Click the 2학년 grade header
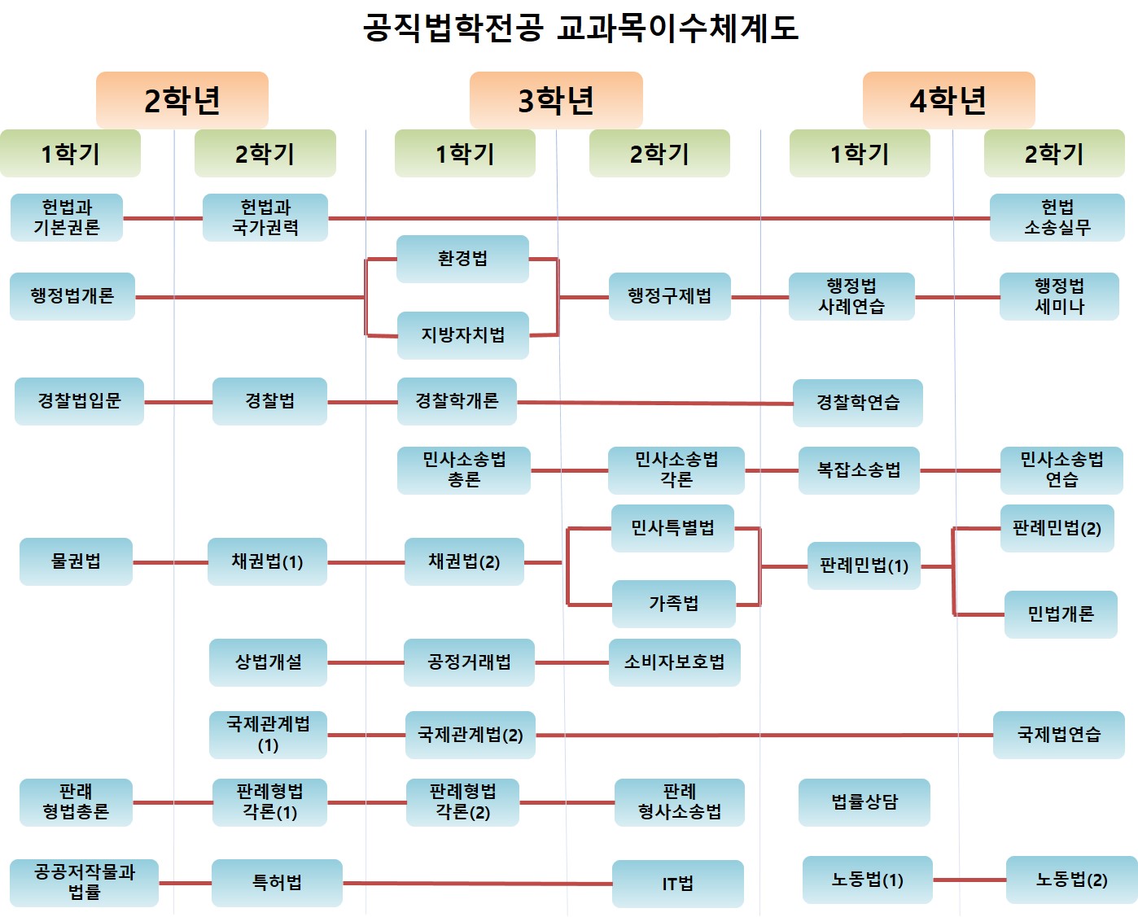(182, 100)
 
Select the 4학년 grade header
(948, 100)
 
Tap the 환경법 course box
(462, 259)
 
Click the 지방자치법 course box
(462, 335)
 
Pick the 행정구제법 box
(669, 296)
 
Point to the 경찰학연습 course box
(857, 402)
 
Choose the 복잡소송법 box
(859, 470)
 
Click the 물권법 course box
(76, 561)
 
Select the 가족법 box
(673, 604)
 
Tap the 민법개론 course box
(1060, 614)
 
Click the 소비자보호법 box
(674, 662)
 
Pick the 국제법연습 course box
(1058, 735)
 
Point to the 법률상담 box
(864, 802)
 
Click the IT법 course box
(677, 884)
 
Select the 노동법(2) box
(1071, 880)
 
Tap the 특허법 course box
(277, 883)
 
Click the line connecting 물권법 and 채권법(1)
(170, 562)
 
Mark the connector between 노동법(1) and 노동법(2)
(969, 880)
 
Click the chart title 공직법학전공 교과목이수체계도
(580, 28)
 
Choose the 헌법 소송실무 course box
(1057, 217)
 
